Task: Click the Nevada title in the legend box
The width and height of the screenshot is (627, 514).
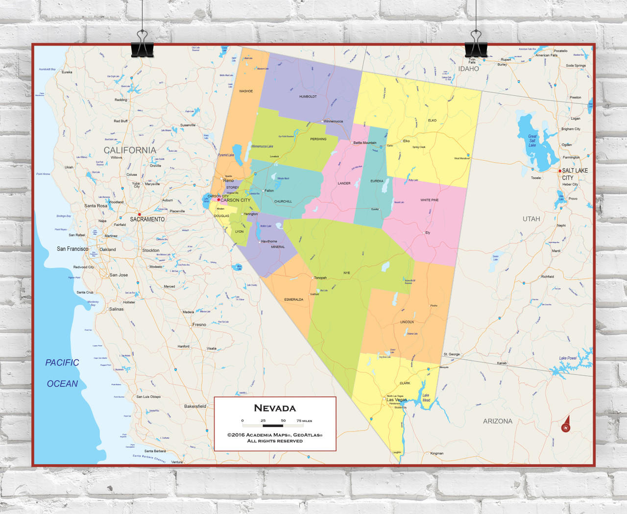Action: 275,408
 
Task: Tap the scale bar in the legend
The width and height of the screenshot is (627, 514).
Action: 273,425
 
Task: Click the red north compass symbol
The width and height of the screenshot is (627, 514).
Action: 566,425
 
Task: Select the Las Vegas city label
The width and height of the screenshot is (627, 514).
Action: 397,400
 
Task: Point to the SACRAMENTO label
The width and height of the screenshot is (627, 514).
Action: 147,220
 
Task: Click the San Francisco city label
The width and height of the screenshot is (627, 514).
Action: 72,249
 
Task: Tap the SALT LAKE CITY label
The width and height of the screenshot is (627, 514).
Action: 574,174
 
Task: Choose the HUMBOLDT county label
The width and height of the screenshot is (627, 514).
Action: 308,97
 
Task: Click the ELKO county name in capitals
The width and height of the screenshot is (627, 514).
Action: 432,121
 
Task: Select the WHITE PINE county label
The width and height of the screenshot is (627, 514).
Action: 429,200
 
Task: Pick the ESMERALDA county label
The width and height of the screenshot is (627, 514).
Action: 293,299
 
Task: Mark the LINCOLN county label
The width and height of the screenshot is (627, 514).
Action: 407,322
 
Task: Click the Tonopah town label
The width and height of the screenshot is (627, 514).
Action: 320,278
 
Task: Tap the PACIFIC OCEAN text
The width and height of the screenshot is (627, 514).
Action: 62,373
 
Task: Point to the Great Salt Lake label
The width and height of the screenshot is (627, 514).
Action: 532,141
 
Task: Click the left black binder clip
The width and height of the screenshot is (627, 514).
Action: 143,46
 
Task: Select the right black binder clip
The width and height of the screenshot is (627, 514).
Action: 476,46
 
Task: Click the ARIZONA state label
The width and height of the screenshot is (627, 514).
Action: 498,421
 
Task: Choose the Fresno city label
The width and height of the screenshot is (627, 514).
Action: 199,324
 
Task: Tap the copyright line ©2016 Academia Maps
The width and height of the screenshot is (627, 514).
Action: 275,435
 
